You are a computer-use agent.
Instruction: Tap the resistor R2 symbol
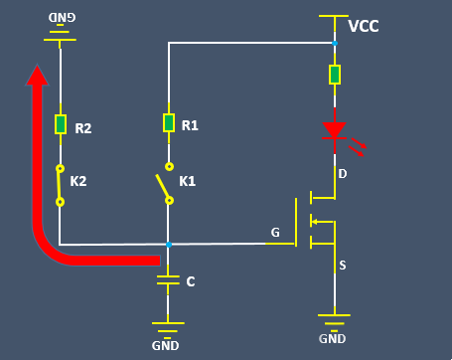pos(61,124)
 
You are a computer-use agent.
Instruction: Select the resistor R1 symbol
pos(169,123)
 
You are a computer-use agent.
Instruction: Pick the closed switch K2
pos(60,184)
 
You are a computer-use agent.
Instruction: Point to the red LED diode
pos(335,130)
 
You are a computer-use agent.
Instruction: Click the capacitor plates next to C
pos(169,281)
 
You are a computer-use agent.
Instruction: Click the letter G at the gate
pos(275,234)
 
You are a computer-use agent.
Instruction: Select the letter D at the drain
pos(343,174)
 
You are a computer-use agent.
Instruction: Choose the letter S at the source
pos(343,266)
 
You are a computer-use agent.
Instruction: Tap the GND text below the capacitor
pos(165,346)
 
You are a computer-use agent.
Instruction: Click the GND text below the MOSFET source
pos(333,338)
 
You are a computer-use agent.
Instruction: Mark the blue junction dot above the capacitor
pos(169,244)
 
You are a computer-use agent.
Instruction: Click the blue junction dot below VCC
pos(335,43)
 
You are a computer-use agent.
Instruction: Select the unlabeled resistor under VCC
pos(335,75)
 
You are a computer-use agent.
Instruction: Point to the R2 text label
pos(83,128)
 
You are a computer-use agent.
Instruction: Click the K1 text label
pos(187,182)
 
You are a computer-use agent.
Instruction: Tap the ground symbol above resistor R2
pos(61,36)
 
